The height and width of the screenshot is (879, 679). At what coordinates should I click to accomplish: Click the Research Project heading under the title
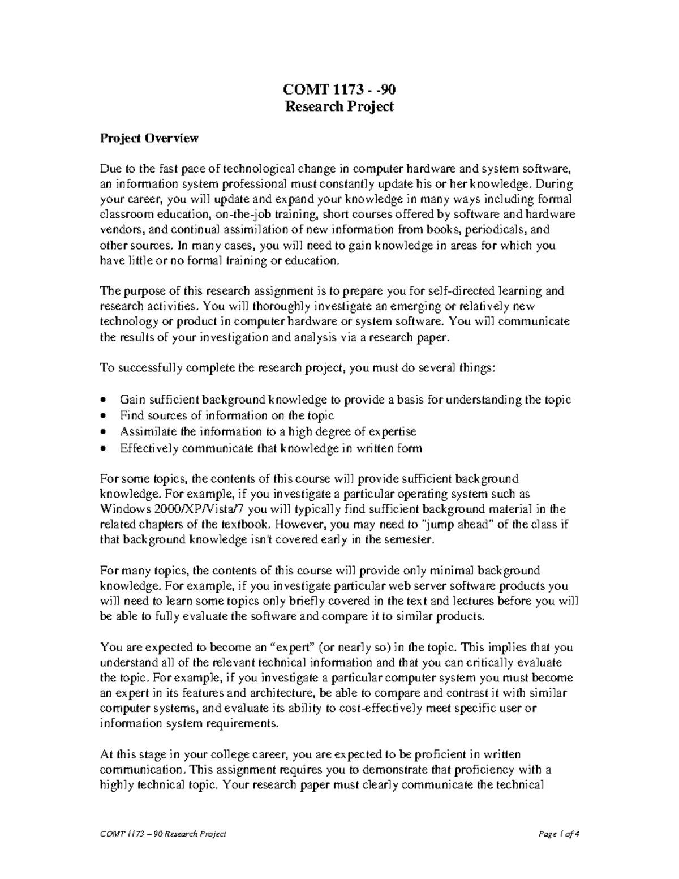(x=339, y=106)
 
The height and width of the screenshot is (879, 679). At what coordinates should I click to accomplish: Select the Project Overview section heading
(x=149, y=138)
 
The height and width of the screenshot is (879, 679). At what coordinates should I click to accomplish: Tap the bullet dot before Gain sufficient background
(x=102, y=400)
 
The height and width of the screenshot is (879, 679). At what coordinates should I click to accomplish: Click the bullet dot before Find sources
(x=102, y=416)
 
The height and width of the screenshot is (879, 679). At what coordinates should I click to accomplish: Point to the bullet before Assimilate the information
(x=102, y=432)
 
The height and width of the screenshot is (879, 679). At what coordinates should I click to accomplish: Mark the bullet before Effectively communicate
(x=102, y=449)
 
